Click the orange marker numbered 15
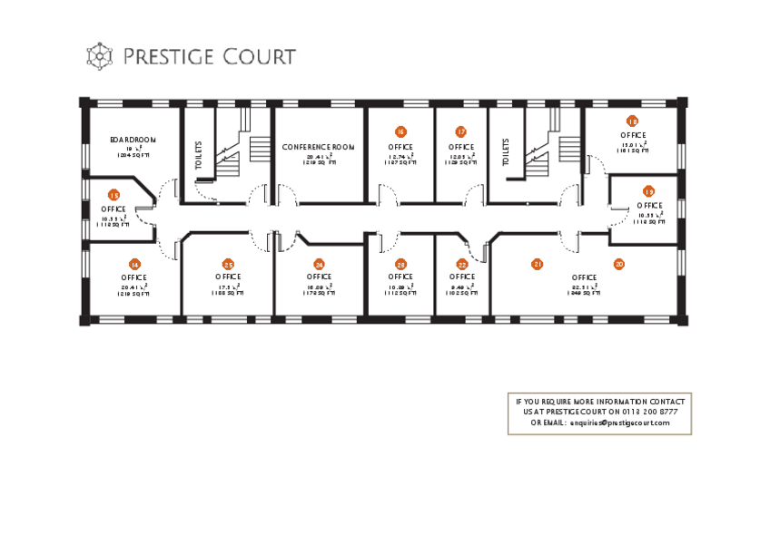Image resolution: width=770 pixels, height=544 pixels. (x=114, y=195)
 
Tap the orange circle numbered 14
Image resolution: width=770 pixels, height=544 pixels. (x=134, y=264)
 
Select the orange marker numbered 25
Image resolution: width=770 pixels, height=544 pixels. (x=228, y=264)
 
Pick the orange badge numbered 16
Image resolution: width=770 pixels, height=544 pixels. (x=400, y=132)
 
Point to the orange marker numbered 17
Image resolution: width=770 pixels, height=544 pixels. (x=461, y=132)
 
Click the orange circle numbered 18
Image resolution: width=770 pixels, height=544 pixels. (x=632, y=121)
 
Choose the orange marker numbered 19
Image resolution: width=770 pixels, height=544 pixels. (x=648, y=191)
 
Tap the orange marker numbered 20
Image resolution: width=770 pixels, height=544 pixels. (x=619, y=264)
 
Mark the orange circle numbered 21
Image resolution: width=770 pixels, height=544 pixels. (x=538, y=264)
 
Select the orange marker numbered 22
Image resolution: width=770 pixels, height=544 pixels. (x=462, y=264)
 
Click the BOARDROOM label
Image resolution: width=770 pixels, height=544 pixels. (x=133, y=140)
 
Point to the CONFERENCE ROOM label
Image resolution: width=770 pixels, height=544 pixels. (x=318, y=147)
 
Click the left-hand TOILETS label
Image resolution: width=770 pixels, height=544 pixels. (x=199, y=155)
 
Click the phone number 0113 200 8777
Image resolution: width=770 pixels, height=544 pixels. (x=648, y=412)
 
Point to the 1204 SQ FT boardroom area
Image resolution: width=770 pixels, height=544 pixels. (x=133, y=156)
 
